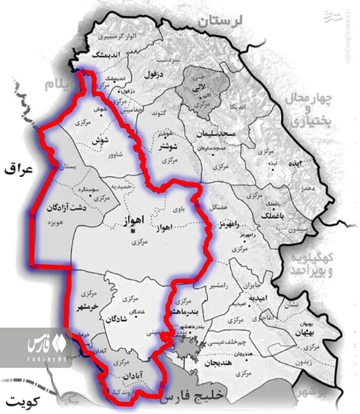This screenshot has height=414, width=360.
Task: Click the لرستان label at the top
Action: pyautogui.click(x=220, y=20)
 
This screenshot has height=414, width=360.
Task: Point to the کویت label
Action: pyautogui.click(x=19, y=401)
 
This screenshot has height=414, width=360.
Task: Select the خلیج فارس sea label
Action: pyautogui.click(x=194, y=397)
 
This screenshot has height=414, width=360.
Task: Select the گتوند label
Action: pyautogui.click(x=158, y=112)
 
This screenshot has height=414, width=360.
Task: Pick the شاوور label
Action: pyautogui.click(x=114, y=156)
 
